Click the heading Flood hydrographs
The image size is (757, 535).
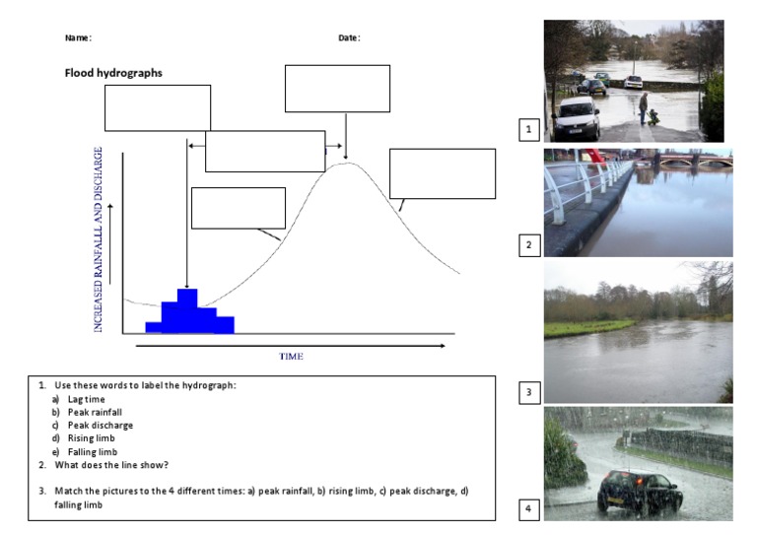113,72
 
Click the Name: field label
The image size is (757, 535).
78,37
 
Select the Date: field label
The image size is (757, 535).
349,37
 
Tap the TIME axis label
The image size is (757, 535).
291,356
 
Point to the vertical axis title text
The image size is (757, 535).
100,239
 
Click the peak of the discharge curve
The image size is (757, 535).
346,164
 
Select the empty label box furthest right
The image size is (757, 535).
443,173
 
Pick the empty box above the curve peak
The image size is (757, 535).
337,89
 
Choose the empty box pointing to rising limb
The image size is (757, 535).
238,208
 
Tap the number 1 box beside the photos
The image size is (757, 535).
529,129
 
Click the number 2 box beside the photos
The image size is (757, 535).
529,244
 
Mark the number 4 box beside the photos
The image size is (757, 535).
529,508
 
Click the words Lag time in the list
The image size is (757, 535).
84,398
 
